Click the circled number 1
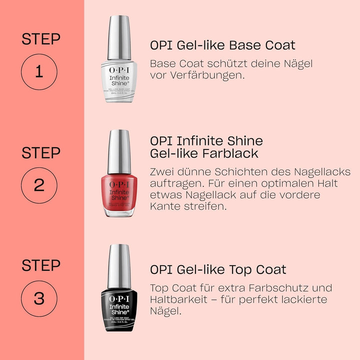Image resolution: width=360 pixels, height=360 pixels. click(39, 72)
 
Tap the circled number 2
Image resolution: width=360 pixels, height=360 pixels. click(39, 185)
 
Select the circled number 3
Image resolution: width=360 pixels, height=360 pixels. click(39, 299)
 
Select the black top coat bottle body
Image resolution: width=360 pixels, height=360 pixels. click(119, 306)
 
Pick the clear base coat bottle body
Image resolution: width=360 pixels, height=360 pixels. click(119, 79)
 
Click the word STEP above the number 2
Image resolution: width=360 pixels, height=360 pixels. click(40, 153)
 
